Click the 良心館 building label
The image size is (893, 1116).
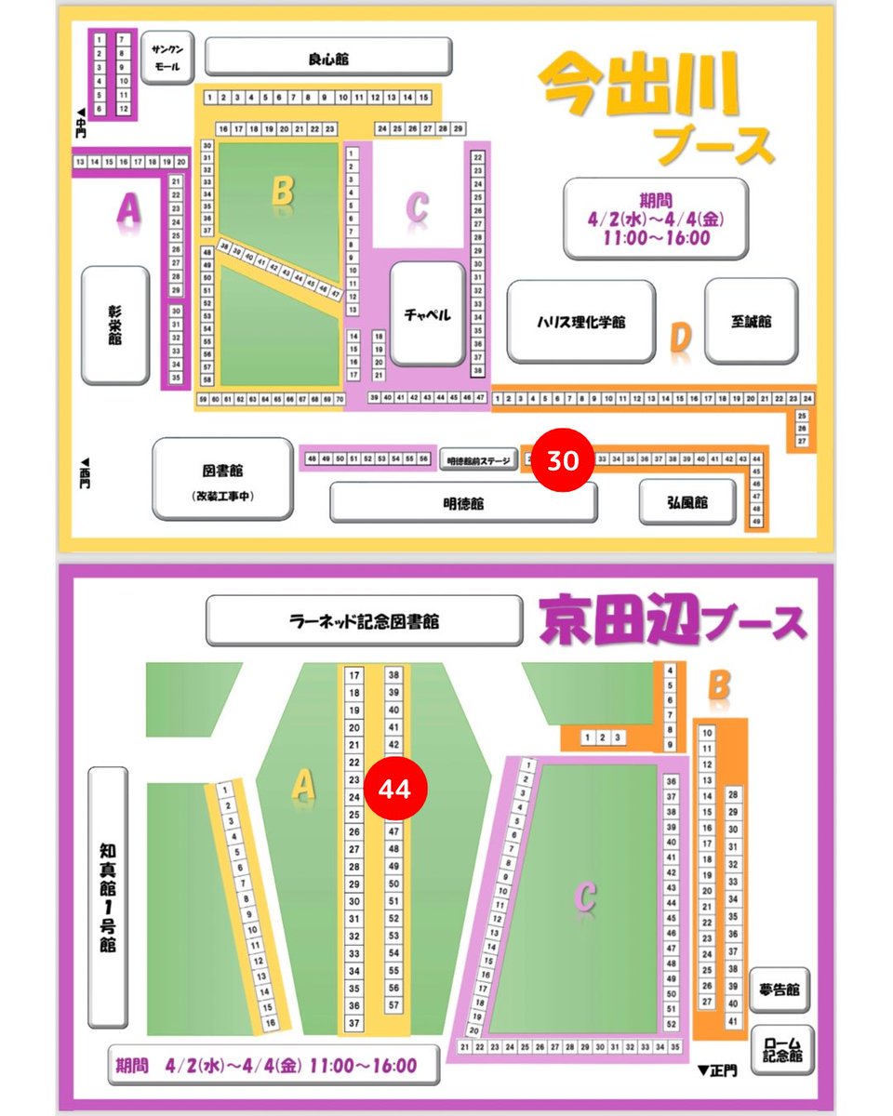[328, 58]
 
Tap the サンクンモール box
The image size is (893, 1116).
[167, 58]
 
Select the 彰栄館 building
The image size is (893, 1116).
[115, 325]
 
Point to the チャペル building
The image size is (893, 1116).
[427, 314]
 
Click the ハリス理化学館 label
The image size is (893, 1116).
[580, 322]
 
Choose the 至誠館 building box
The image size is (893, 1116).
[752, 322]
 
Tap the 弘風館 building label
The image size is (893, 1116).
[687, 502]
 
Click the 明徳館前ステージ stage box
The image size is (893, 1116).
[478, 459]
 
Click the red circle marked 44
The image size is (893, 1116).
[394, 788]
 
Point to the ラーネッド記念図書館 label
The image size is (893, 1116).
[364, 620]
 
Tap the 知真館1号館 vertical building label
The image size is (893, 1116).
[107, 897]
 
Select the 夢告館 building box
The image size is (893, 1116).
[780, 990]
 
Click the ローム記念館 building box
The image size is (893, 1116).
[780, 1049]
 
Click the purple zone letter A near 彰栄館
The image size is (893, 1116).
[128, 211]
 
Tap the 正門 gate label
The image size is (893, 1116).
[716, 1070]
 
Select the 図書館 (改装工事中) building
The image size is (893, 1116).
[222, 480]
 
